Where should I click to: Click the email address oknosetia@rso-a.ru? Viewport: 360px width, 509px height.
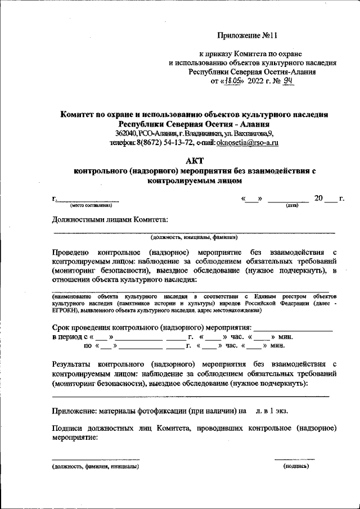tap(247, 143)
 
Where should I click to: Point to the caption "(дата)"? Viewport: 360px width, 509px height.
tap(291, 205)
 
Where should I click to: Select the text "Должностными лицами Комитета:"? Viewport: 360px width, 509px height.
tap(110, 219)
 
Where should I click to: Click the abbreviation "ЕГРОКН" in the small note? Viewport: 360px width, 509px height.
tap(67, 310)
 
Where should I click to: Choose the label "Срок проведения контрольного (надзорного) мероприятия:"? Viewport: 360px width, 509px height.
tap(151, 326)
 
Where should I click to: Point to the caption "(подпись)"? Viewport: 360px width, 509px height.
tap(296, 466)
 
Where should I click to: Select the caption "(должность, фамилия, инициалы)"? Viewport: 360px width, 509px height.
tap(95, 467)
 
